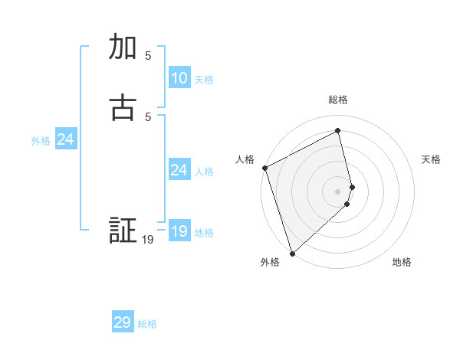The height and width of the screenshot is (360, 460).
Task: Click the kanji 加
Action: pos(123,47)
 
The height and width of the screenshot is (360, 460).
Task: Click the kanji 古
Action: pos(123,108)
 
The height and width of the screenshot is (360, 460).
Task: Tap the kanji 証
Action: pos(123,231)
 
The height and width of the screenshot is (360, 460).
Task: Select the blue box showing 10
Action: pos(179,78)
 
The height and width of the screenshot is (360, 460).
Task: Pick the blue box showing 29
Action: pos(123,322)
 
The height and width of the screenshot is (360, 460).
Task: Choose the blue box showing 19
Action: pos(179,231)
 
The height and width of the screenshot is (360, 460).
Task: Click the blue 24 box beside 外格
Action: pos(66,139)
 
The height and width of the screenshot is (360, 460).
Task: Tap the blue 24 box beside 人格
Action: pos(179,170)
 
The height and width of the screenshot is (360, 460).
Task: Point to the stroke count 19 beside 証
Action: pos(148,240)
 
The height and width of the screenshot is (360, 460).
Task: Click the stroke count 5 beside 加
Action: pos(148,55)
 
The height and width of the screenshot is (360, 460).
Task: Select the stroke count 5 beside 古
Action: pos(148,116)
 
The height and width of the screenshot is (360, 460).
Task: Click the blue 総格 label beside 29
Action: pos(147,324)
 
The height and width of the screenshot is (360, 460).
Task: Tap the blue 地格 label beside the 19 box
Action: pos(204,233)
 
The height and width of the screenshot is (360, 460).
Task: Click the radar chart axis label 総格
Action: pos(338,100)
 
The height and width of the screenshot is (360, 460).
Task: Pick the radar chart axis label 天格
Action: pos(432,159)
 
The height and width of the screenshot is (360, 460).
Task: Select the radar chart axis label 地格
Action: pos(402,262)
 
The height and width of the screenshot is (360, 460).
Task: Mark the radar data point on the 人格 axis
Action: pos(264,168)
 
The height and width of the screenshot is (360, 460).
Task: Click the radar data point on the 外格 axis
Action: pos(291,253)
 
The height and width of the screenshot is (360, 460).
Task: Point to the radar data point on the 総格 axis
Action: pos(338,131)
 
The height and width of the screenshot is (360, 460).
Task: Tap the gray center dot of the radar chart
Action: pos(338,191)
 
